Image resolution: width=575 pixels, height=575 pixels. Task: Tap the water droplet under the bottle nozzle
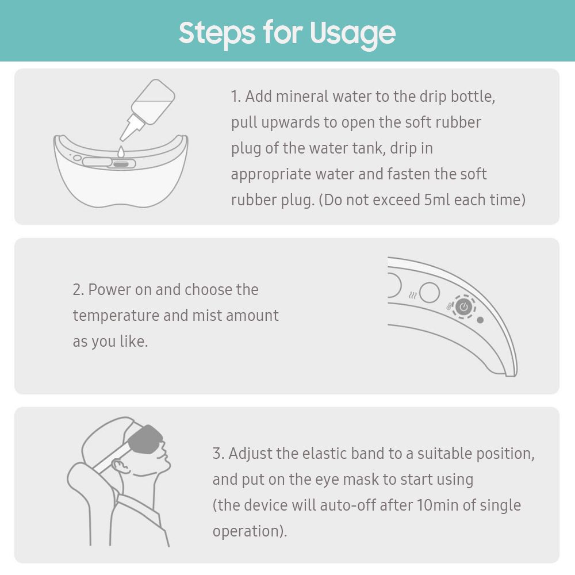121,151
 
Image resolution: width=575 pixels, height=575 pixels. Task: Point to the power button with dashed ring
463,306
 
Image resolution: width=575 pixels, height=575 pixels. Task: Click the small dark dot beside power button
480,320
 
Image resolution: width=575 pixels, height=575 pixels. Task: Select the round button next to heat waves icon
430,292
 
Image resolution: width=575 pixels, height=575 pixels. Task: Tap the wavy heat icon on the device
412,296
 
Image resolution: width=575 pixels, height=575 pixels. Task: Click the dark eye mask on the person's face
145,439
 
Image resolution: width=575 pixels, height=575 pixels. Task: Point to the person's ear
120,466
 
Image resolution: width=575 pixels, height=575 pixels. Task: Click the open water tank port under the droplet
121,164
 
